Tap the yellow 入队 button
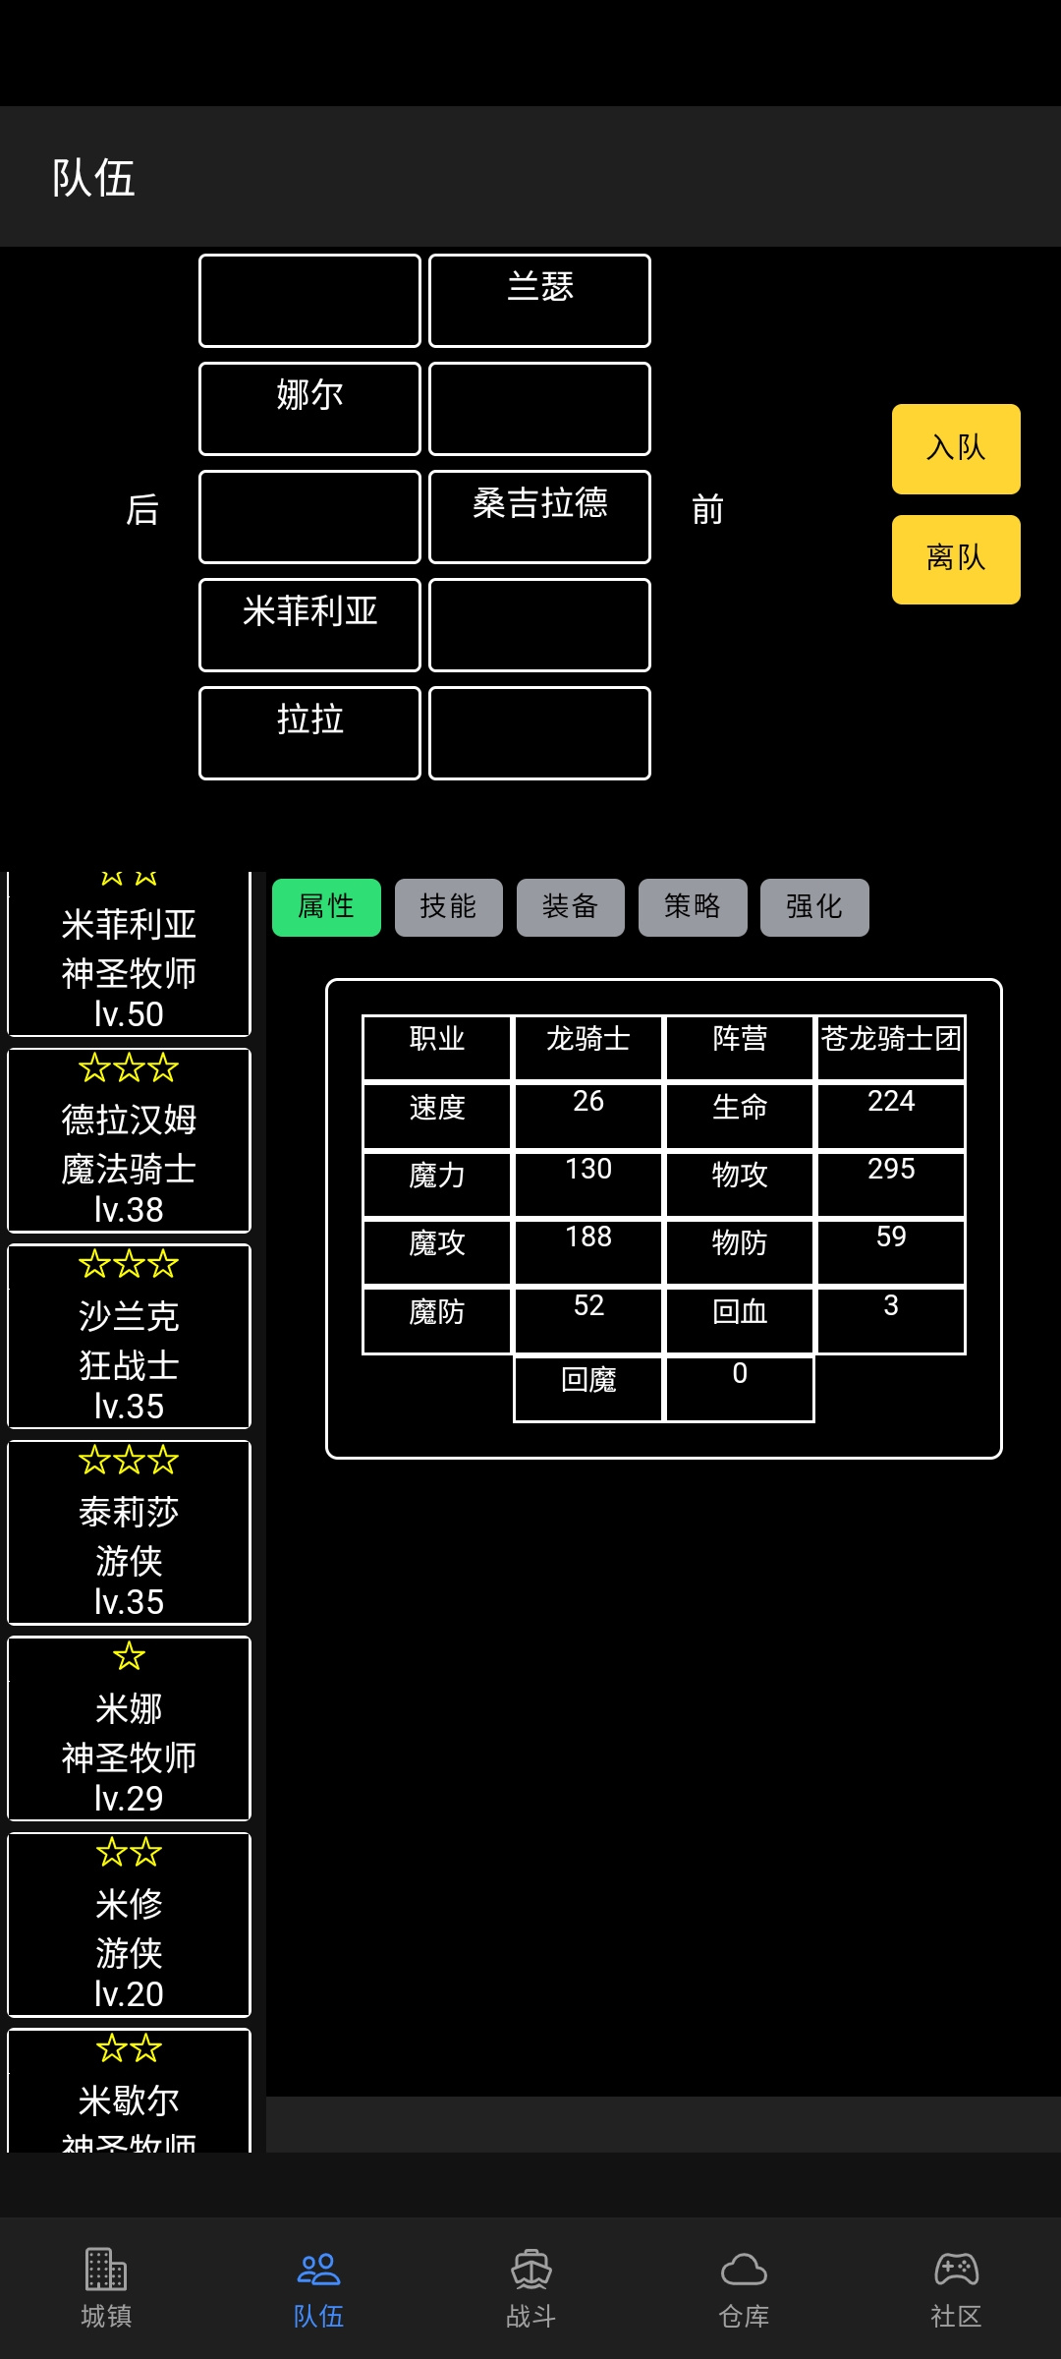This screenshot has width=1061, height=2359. click(956, 448)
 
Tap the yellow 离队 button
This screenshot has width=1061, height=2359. click(956, 558)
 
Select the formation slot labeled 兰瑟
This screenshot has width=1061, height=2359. click(539, 301)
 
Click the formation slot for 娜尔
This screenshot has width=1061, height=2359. click(309, 409)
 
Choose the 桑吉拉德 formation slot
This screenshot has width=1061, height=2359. click(539, 517)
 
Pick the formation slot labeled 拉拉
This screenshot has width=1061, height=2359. click(309, 733)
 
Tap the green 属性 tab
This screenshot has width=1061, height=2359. click(326, 907)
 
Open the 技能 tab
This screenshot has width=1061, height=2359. click(448, 907)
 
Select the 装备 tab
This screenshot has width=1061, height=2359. click(570, 907)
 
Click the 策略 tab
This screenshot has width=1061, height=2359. click(693, 907)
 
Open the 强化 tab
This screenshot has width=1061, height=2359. click(814, 907)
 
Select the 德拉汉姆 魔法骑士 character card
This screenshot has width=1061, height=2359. click(129, 1140)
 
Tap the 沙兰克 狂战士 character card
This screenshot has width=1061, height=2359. click(129, 1337)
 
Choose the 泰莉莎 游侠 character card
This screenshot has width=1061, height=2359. click(129, 1532)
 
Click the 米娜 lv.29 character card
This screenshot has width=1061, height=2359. click(129, 1728)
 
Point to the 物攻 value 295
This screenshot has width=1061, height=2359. click(891, 1169)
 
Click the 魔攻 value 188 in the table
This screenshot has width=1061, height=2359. click(588, 1237)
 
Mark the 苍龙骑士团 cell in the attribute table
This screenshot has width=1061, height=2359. click(891, 1039)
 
